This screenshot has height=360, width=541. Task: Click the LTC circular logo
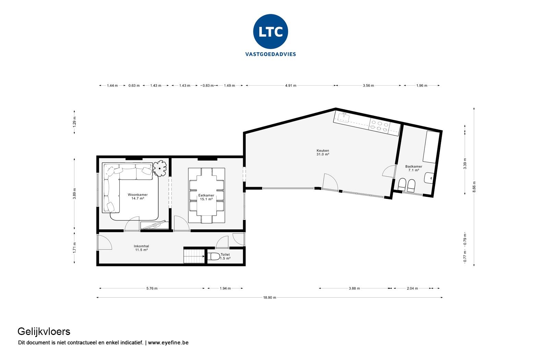tap(270, 32)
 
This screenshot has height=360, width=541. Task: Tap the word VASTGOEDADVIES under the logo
tap(270, 54)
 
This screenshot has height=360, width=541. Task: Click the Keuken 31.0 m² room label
tap(323, 153)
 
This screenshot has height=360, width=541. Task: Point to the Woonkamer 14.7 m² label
tap(137, 196)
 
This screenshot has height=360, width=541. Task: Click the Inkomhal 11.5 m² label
tap(141, 248)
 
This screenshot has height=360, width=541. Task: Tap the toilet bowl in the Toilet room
tap(214, 256)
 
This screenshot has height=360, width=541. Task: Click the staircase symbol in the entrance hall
tap(194, 256)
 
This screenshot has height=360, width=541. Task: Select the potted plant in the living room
tap(160, 168)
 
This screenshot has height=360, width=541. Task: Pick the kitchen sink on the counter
tap(343, 118)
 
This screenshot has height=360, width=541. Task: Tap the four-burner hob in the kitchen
tap(379, 126)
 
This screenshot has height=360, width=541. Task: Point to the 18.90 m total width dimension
tap(269, 298)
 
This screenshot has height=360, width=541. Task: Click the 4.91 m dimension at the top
tap(290, 86)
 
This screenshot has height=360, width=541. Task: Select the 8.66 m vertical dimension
tap(474, 187)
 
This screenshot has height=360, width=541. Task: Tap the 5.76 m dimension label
tap(152, 288)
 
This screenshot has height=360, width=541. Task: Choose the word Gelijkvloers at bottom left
tap(44, 332)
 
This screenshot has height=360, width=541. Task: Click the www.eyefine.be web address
tap(168, 343)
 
